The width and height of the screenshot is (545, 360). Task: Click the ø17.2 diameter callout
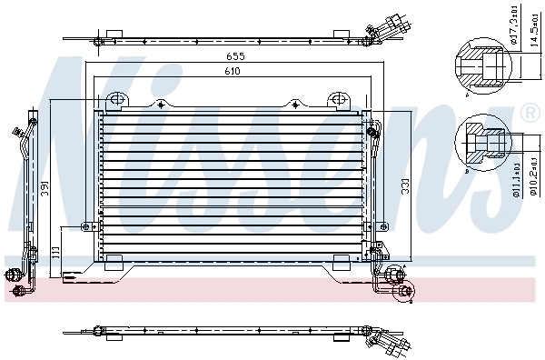click(x=513, y=28)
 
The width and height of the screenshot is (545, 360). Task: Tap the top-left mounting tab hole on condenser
click(x=115, y=99)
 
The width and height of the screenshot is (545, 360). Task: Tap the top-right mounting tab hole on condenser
click(x=337, y=99)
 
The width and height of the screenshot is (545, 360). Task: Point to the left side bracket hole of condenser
click(x=87, y=226)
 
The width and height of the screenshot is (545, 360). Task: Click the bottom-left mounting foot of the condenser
click(x=114, y=264)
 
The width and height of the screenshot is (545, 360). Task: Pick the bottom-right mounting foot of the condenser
click(x=341, y=264)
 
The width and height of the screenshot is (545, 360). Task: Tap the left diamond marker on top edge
click(x=160, y=104)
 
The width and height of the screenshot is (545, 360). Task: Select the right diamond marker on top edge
click(x=293, y=104)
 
